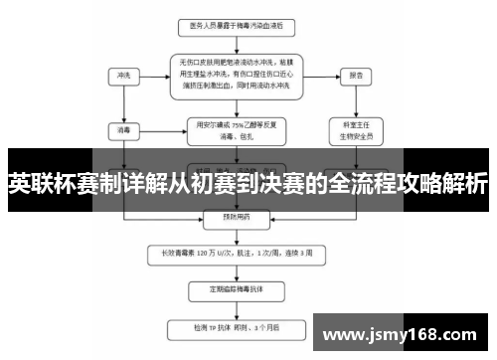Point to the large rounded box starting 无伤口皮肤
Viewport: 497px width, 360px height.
point(238,74)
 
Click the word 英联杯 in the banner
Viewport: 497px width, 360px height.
point(35,183)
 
